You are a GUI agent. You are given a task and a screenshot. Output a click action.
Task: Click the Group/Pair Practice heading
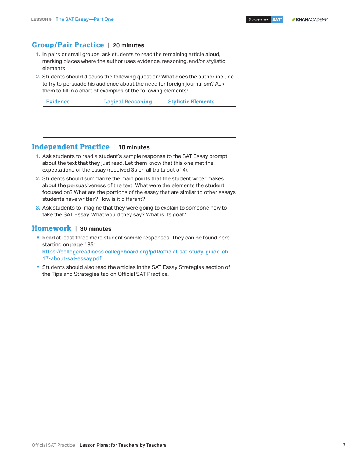[68, 45]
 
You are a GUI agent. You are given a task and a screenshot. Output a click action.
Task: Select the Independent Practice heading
[70, 147]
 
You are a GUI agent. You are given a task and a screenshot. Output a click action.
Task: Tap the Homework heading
[52, 228]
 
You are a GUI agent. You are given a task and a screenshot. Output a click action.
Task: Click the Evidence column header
[58, 102]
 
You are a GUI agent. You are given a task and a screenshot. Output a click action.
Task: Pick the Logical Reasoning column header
[128, 102]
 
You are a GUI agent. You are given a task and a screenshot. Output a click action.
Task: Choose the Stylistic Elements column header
[191, 102]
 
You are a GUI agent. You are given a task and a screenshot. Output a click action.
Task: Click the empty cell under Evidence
[72, 122]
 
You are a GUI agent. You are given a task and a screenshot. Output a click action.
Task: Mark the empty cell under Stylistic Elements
[200, 122]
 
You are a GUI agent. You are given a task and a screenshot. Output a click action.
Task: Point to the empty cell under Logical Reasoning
[133, 122]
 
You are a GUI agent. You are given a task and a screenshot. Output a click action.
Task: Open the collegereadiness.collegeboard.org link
[136, 255]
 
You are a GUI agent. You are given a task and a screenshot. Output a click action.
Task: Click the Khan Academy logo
[310, 20]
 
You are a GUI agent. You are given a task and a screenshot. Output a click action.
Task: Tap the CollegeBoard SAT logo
[265, 20]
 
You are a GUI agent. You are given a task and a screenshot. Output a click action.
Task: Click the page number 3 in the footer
[344, 445]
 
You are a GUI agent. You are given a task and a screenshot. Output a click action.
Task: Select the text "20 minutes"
[128, 45]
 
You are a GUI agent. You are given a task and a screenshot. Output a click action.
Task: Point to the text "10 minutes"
[134, 147]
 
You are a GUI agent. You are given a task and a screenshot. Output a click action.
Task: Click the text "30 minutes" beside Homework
[95, 229]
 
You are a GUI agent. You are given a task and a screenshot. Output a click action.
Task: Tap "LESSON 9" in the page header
[41, 19]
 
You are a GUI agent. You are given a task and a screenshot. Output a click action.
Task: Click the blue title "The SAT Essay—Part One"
[85, 19]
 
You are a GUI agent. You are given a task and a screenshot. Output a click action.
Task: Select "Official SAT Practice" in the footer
[53, 445]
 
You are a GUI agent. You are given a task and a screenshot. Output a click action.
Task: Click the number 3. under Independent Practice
[38, 208]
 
